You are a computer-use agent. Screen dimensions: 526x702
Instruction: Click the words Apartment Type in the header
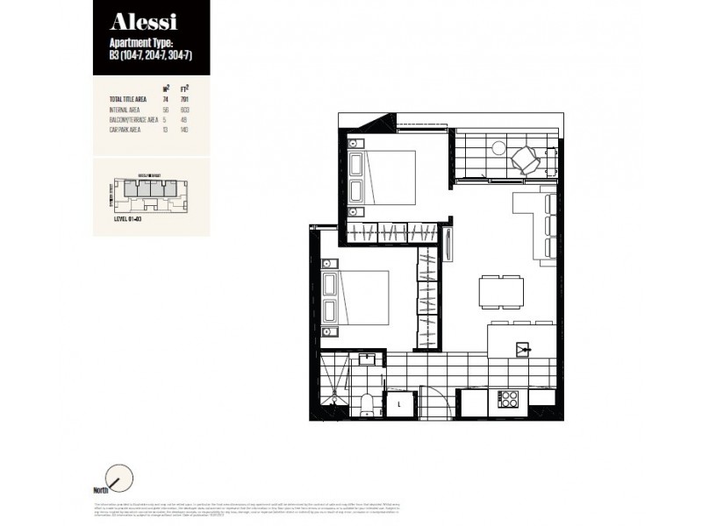(143, 43)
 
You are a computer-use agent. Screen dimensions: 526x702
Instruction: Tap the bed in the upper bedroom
(383, 178)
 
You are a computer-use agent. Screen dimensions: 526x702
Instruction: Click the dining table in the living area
(500, 290)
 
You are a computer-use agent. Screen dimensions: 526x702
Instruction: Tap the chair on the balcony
(526, 159)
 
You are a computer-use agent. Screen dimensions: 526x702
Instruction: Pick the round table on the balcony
(498, 147)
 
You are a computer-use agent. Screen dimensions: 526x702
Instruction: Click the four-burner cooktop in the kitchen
(508, 399)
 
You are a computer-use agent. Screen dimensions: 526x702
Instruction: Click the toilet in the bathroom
(367, 402)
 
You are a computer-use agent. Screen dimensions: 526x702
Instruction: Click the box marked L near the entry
(400, 403)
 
